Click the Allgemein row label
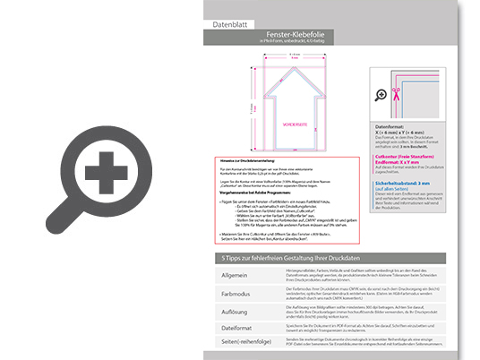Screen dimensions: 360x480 point(235,276)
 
